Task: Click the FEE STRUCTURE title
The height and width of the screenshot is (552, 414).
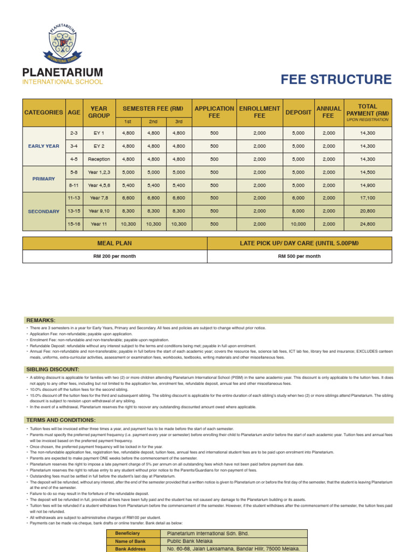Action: (x=336, y=80)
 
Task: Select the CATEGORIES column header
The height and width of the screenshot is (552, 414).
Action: (x=43, y=112)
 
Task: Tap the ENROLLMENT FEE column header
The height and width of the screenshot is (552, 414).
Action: (x=259, y=112)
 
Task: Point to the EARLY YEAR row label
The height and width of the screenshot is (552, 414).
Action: (x=44, y=146)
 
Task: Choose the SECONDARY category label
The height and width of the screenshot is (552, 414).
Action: (x=44, y=211)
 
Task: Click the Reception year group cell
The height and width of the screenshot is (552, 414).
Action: (x=99, y=159)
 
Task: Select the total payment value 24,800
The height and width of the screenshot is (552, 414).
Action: (x=368, y=224)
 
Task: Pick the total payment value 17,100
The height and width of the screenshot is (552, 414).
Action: (x=368, y=198)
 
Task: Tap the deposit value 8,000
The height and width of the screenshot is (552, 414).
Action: (x=298, y=211)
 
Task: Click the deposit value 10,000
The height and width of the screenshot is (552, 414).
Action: (x=298, y=224)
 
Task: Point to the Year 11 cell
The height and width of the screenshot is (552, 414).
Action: (x=99, y=224)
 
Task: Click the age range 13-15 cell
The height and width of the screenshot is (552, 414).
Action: (x=74, y=211)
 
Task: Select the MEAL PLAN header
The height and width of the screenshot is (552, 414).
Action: (x=115, y=244)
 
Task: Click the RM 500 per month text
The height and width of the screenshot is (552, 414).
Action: (x=299, y=257)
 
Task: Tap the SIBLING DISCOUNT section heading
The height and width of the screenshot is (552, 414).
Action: (x=53, y=369)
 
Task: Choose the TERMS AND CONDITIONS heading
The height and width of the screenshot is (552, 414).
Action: (x=61, y=420)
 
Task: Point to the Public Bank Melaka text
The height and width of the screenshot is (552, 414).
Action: (x=190, y=541)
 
